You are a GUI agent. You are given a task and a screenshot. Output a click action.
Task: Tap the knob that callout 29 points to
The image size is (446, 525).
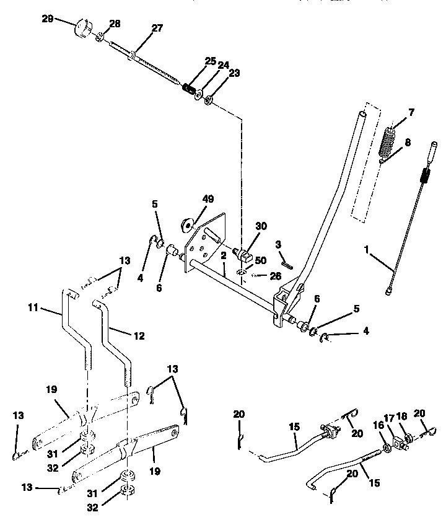coord(82,29)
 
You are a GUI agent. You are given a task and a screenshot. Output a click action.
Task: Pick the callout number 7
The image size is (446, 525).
coord(411,112)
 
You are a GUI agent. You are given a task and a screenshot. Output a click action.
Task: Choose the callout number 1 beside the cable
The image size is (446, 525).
coord(367,249)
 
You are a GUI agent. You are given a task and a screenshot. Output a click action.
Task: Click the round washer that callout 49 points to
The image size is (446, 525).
coord(187,222)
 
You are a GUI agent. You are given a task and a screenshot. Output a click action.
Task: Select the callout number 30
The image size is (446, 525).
coord(261,226)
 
